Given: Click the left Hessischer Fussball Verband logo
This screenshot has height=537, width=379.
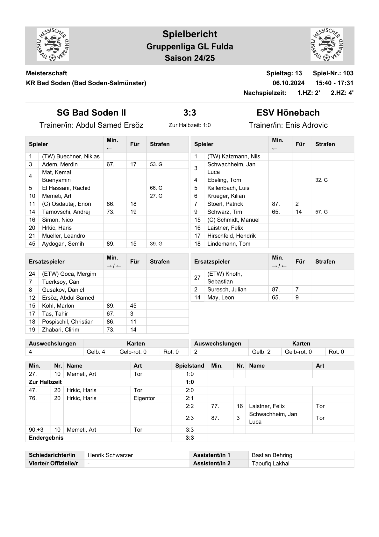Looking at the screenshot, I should pyautogui.click(x=53, y=45).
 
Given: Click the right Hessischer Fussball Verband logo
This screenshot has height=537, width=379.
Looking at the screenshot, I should pyautogui.click(x=326, y=45).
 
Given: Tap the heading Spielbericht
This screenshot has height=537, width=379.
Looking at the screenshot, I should pyautogui.click(x=189, y=34).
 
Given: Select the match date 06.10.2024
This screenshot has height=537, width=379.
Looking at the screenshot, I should pyautogui.click(x=288, y=83).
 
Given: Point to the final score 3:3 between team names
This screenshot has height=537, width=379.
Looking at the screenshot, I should pyautogui.click(x=189, y=113).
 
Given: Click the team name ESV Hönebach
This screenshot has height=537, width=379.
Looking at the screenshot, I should pyautogui.click(x=288, y=113).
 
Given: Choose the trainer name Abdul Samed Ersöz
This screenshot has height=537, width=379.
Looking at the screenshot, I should pyautogui.click(x=109, y=125).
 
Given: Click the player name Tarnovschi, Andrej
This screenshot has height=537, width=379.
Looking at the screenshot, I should pyautogui.click(x=66, y=212).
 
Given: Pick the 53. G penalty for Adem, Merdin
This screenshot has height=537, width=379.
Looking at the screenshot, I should pyautogui.click(x=156, y=164).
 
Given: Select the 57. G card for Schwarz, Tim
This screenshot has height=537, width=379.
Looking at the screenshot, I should pyautogui.click(x=321, y=212).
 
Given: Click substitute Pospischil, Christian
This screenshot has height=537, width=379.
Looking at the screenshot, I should pyautogui.click(x=68, y=322).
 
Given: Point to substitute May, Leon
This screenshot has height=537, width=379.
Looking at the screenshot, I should pyautogui.click(x=221, y=297).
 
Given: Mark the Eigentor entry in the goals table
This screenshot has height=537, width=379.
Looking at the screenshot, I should pyautogui.click(x=144, y=398).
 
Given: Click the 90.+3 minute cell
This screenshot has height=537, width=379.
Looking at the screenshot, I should pyautogui.click(x=36, y=430).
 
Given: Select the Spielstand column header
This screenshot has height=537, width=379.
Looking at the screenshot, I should pyautogui.click(x=189, y=366).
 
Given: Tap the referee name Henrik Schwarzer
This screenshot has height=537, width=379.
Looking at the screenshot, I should pyautogui.click(x=110, y=455).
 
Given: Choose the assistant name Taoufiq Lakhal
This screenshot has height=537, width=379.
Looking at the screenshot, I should pyautogui.click(x=270, y=463).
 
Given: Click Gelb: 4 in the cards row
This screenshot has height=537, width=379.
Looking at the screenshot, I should pyautogui.click(x=96, y=352).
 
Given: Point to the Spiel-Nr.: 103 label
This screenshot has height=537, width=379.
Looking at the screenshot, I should pyautogui.click(x=333, y=73).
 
